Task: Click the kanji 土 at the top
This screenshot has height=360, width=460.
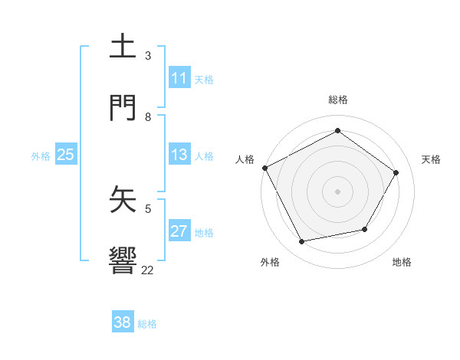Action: [x=123, y=47]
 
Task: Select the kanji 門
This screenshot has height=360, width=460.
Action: [x=123, y=108]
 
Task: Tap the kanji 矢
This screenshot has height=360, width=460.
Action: [x=123, y=200]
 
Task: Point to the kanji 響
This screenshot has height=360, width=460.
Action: [x=123, y=261]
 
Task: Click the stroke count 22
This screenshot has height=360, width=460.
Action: [x=148, y=270]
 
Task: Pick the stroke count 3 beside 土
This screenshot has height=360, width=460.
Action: [x=148, y=55]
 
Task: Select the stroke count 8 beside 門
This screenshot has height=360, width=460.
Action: [x=148, y=116]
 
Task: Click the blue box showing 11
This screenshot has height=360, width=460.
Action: [x=179, y=78]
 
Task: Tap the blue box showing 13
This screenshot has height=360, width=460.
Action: [x=179, y=155]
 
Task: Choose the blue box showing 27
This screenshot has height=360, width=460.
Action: [x=179, y=231]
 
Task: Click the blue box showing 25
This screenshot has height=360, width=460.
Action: [x=66, y=155]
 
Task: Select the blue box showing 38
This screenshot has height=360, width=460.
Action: [x=123, y=322]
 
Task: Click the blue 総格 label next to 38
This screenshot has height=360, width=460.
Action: [x=147, y=324]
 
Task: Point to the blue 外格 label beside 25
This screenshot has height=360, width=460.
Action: [x=41, y=156]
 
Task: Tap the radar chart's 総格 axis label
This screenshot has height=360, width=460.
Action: [x=338, y=100]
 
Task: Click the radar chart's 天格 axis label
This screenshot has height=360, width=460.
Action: [x=432, y=159]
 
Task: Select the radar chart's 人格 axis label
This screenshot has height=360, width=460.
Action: [x=245, y=159]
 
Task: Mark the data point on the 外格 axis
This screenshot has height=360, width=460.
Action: [x=302, y=242]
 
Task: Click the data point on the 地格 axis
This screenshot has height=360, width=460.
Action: [x=365, y=229]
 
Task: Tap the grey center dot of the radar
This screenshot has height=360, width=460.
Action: [x=338, y=191]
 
